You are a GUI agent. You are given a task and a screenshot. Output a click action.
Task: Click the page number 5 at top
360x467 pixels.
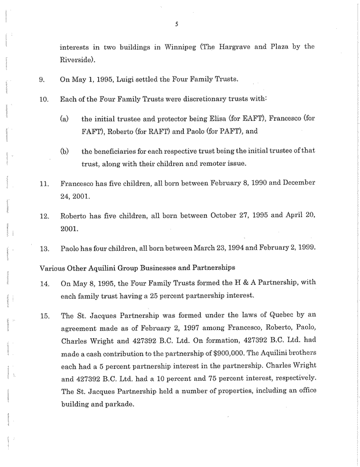coord(180,24)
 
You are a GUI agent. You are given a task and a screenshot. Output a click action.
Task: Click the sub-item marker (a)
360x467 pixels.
coord(65,119)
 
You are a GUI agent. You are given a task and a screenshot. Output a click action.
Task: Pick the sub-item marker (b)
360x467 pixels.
coord(65,151)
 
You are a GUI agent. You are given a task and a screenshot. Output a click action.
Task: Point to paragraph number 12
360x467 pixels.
coord(44,216)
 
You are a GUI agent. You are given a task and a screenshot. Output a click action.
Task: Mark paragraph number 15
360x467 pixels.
coord(44,316)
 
